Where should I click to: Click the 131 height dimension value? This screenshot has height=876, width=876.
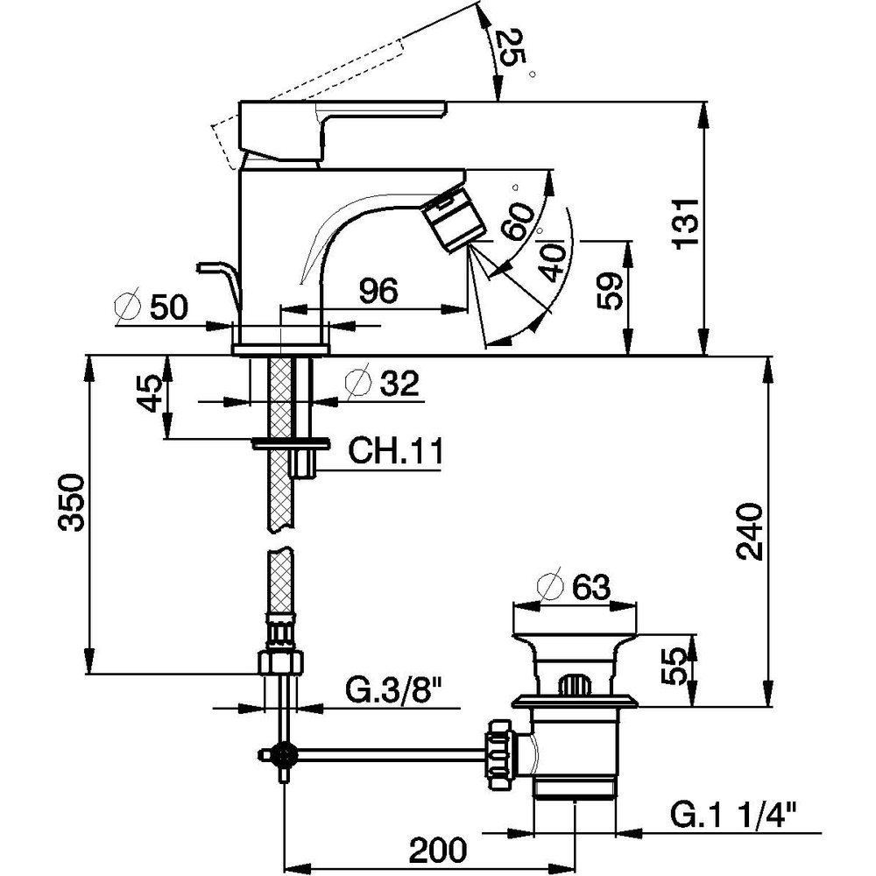pyautogui.click(x=687, y=223)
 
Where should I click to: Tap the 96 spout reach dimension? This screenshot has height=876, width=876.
pyautogui.click(x=378, y=291)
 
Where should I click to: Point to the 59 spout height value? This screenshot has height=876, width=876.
pyautogui.click(x=610, y=291)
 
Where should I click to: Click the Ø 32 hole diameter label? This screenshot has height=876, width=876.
pyautogui.click(x=383, y=384)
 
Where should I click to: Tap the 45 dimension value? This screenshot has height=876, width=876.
pyautogui.click(x=149, y=393)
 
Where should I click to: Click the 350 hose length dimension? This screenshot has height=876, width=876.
pyautogui.click(x=73, y=503)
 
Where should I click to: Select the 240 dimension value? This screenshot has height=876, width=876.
pyautogui.click(x=749, y=532)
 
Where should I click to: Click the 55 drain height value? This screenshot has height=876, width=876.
pyautogui.click(x=674, y=666)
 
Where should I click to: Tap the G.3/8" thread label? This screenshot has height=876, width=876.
pyautogui.click(x=394, y=691)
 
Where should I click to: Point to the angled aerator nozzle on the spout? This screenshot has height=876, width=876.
pyautogui.click(x=455, y=220)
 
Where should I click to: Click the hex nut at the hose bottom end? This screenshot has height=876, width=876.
pyautogui.click(x=282, y=662)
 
